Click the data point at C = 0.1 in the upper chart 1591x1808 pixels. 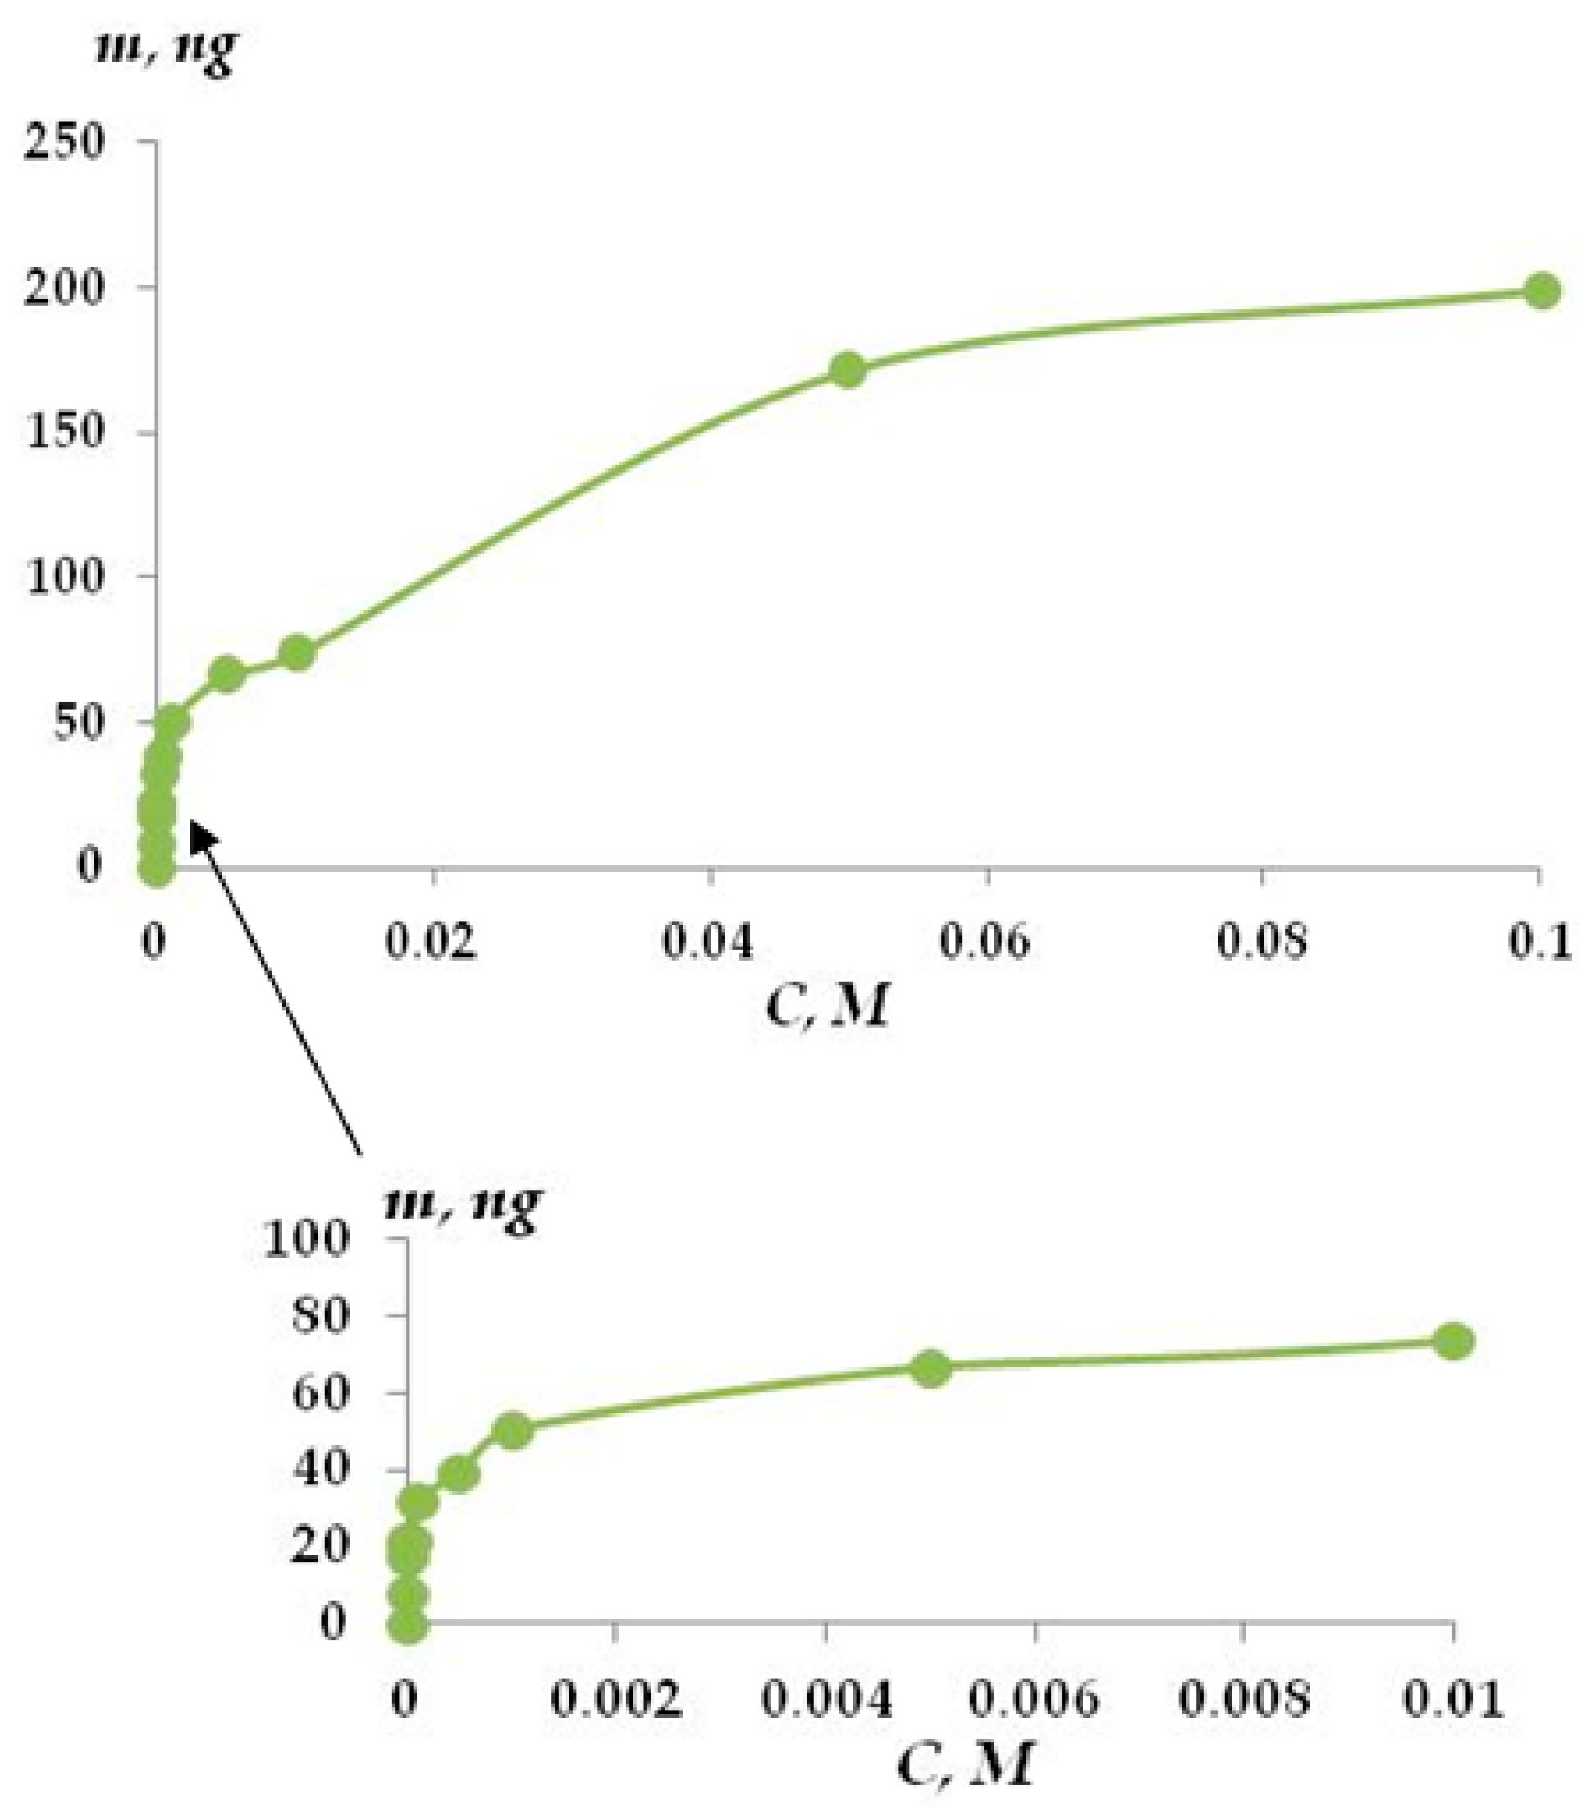pyautogui.click(x=1542, y=291)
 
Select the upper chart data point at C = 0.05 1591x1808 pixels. pyautogui.click(x=848, y=370)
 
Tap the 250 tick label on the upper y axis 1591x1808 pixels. pyautogui.click(x=66, y=142)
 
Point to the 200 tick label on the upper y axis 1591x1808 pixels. pyautogui.click(x=66, y=289)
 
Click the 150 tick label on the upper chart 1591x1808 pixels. pyautogui.click(x=66, y=432)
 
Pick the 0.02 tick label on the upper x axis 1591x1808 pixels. pyautogui.click(x=431, y=942)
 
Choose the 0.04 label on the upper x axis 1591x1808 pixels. pyautogui.click(x=709, y=942)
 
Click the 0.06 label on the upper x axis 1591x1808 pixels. pyautogui.click(x=985, y=942)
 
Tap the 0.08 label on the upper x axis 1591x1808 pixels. pyautogui.click(x=1262, y=942)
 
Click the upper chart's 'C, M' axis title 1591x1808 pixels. pyautogui.click(x=825, y=1007)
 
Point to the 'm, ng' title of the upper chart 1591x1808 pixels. pyautogui.click(x=166, y=49)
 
